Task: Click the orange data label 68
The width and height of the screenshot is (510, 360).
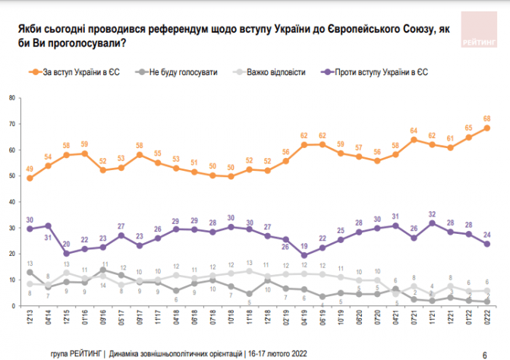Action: (486, 118)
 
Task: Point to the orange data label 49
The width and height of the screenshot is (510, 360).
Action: (30, 169)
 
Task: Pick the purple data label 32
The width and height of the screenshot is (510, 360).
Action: (431, 213)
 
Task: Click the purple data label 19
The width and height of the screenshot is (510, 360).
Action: (304, 246)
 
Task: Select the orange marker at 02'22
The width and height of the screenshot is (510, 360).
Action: (486, 128)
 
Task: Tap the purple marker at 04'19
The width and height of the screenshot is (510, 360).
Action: (304, 255)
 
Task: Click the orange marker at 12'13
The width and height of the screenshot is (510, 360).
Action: (30, 178)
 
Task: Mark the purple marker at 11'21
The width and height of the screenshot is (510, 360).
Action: (431, 223)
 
